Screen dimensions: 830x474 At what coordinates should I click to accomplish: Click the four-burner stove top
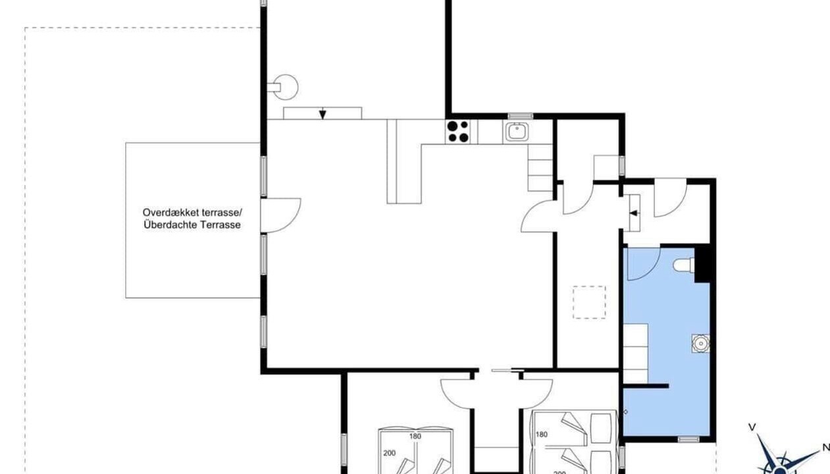(458, 132)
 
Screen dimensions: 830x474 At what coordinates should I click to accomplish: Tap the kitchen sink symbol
(517, 132)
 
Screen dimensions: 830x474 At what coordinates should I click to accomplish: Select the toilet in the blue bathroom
(684, 265)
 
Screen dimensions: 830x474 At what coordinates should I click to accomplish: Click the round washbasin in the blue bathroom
(701, 343)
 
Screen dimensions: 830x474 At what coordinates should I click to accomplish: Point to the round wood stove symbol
(285, 87)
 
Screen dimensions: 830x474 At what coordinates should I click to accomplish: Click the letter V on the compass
(752, 427)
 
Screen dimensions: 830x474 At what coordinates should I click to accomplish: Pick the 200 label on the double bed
(390, 453)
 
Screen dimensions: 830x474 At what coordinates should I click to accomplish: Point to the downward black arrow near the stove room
(323, 113)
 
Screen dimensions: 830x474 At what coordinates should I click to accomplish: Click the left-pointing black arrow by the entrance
(634, 213)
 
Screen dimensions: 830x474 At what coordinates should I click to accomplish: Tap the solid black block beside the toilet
(702, 265)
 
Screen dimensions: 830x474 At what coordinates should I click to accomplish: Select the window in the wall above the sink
(521, 116)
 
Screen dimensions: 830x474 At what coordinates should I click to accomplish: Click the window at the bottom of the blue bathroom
(688, 439)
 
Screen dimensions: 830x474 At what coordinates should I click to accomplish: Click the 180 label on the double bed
(415, 436)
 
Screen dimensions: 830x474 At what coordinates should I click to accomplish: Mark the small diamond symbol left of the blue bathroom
(626, 411)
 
